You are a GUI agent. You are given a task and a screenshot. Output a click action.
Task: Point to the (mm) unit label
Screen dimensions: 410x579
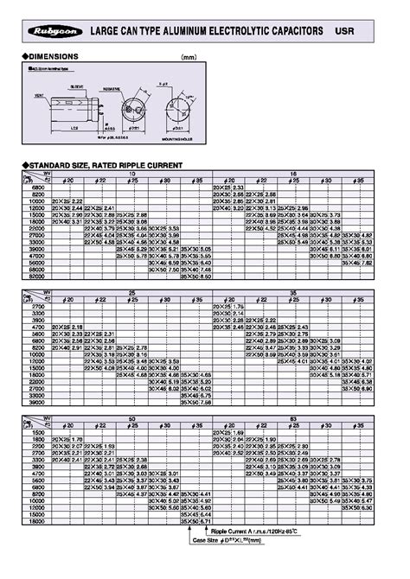tap(189, 57)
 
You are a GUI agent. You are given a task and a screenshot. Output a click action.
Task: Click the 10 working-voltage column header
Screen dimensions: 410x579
tap(133, 172)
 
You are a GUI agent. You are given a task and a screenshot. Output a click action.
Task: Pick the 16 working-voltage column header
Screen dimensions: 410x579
tap(294, 172)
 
